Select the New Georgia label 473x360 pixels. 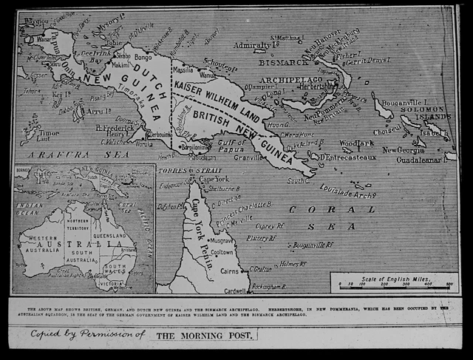click(x=404, y=149)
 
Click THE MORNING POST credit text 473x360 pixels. click(x=205, y=335)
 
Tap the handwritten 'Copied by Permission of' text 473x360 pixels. click(x=88, y=334)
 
